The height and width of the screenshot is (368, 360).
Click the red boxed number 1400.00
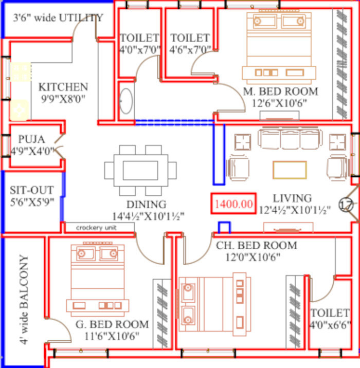coord(233,204)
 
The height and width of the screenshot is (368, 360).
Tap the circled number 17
coord(346,205)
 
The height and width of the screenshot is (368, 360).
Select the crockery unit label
coord(96,227)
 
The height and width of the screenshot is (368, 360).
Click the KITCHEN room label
coord(63,87)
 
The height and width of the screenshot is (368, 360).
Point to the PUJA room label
coord(31,139)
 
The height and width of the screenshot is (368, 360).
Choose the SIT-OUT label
coord(32,190)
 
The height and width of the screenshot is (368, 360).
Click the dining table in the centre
coord(140,171)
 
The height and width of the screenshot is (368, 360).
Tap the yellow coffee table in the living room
coord(290,170)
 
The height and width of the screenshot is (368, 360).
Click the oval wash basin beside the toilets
coord(126,101)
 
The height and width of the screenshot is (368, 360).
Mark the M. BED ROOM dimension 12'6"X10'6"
coord(279,103)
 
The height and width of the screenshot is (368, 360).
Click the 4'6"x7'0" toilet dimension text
coord(190,49)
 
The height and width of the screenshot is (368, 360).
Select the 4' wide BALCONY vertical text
coord(24,300)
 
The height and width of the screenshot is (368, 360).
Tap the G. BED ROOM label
coord(112,324)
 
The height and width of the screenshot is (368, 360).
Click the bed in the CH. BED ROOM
coord(215,304)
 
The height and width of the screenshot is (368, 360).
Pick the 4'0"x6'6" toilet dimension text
coord(330,325)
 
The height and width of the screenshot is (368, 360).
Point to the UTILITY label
coord(81,17)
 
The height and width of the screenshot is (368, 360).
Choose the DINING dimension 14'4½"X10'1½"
coord(149,216)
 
